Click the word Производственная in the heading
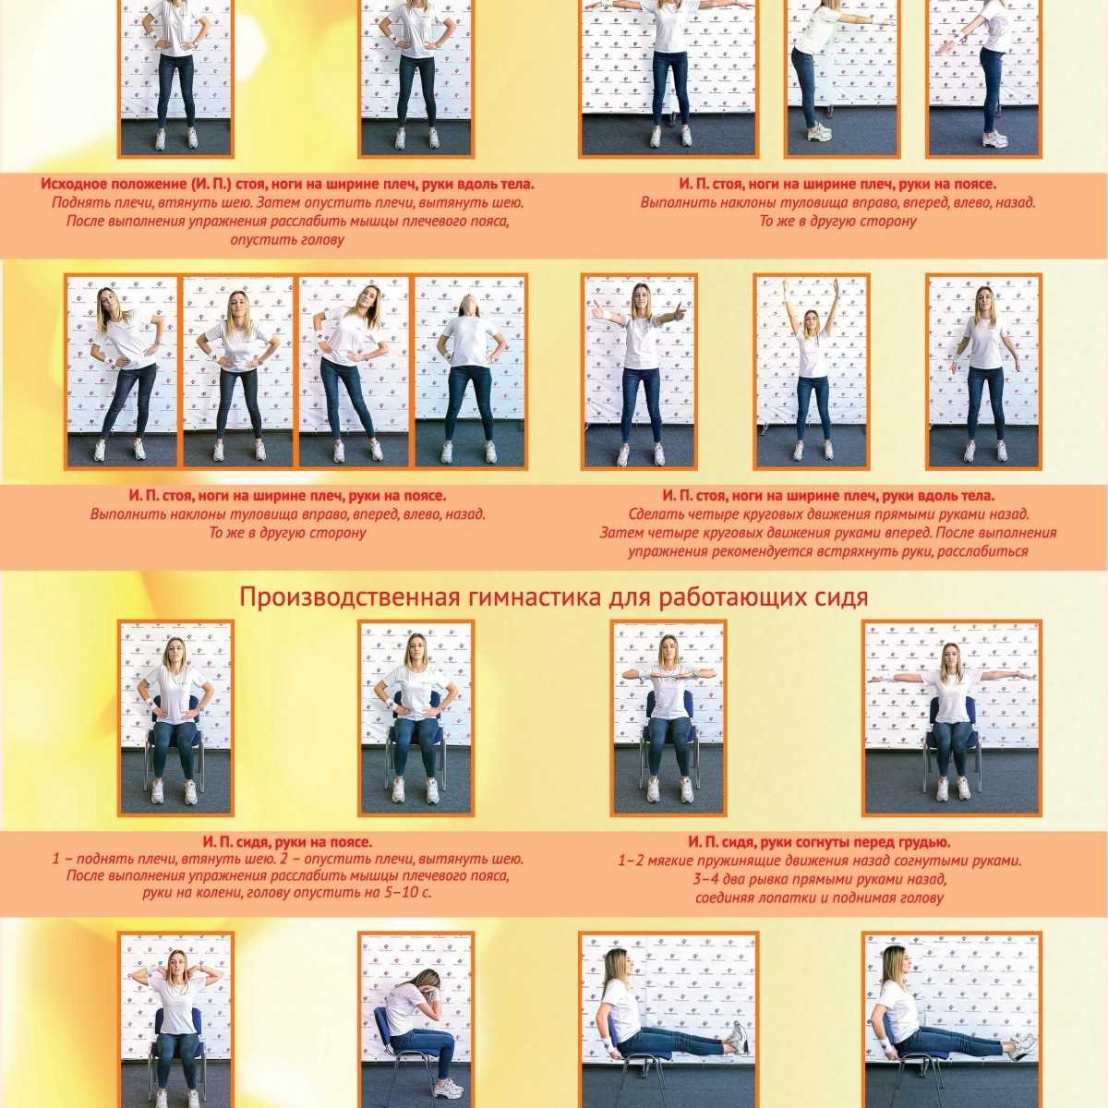pyautogui.click(x=346, y=598)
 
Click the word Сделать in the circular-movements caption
pyautogui.click(x=654, y=513)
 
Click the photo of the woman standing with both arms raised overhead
pyautogui.click(x=812, y=371)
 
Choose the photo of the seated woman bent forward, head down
pyautogui.click(x=416, y=1020)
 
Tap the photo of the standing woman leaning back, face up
pyautogui.click(x=470, y=371)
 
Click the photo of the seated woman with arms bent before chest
pyautogui.click(x=669, y=718)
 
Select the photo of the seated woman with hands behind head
pyautogui.click(x=176, y=1020)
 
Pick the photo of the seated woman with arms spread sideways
pyautogui.click(x=952, y=718)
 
